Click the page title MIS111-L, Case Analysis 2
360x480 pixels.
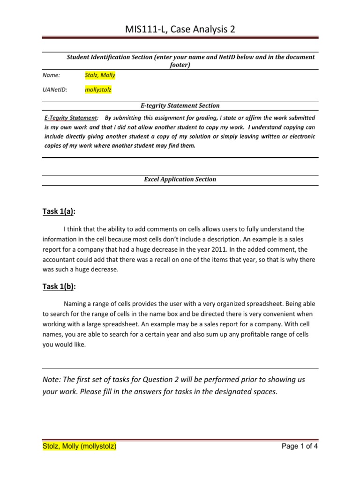coord(180,30)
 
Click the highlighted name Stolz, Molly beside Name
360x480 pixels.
coord(100,75)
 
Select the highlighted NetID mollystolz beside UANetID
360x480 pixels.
coord(98,90)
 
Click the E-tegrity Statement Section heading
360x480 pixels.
coord(180,106)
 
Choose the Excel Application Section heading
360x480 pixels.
coord(180,179)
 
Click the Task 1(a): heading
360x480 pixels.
coord(59,211)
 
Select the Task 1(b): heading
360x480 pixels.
coord(59,286)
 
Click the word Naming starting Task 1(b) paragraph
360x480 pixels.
coord(75,304)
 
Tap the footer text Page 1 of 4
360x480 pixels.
coord(300,447)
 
